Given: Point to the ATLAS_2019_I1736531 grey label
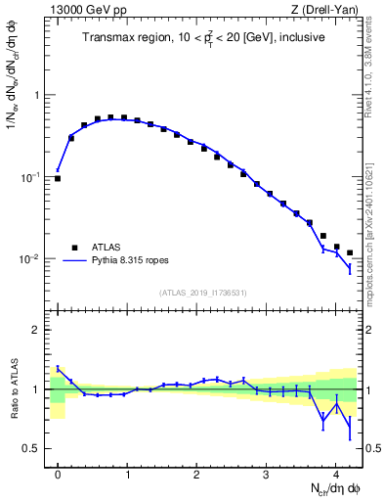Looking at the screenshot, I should pos(205,293).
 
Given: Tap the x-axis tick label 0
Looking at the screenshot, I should pos(58,473).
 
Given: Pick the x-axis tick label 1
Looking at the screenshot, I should pos(127,473).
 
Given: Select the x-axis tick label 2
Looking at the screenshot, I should pos(196,473).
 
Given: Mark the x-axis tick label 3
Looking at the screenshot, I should pos(266,473).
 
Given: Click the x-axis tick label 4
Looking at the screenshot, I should pos(335,473).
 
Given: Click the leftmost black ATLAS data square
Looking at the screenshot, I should pos(58,179).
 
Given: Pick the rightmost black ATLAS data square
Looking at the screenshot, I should pos(350,252).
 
